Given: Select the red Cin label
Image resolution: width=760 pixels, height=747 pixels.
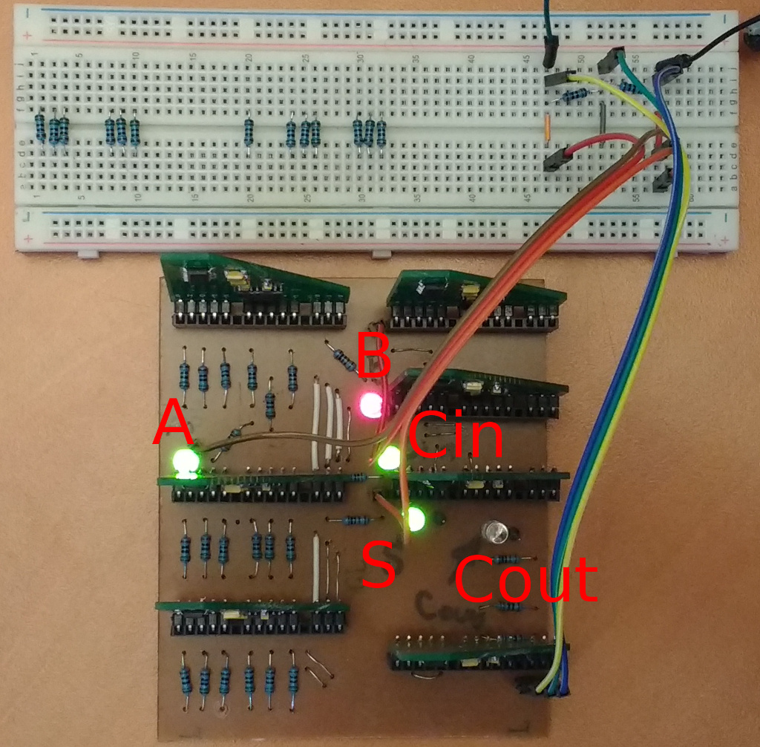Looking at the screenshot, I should [x=454, y=436].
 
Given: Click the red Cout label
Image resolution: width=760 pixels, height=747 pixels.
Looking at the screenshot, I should [x=525, y=579].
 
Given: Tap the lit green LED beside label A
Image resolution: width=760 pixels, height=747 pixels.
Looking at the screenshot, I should [x=186, y=463].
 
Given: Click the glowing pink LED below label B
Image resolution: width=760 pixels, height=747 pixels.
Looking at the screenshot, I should [x=370, y=405].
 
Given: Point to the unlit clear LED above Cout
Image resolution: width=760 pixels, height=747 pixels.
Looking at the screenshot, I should [x=495, y=531].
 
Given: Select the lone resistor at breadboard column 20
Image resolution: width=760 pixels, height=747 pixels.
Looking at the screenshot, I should [x=248, y=132].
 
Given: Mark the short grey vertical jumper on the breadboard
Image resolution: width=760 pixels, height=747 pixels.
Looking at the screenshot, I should [x=603, y=115].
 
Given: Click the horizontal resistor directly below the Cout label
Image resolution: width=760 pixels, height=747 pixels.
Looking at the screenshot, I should [x=509, y=607].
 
